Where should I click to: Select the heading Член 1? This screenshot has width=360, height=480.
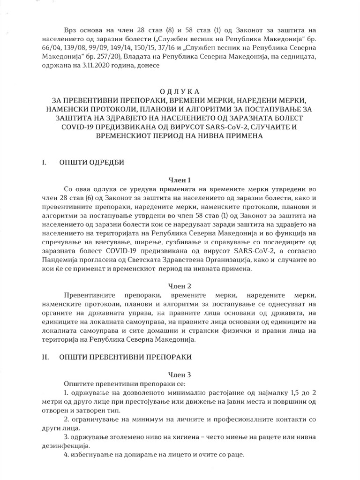pos(180,179)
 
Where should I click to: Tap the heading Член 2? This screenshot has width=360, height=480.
pos(180,285)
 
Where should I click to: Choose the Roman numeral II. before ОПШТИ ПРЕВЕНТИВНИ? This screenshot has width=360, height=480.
pos(46,357)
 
